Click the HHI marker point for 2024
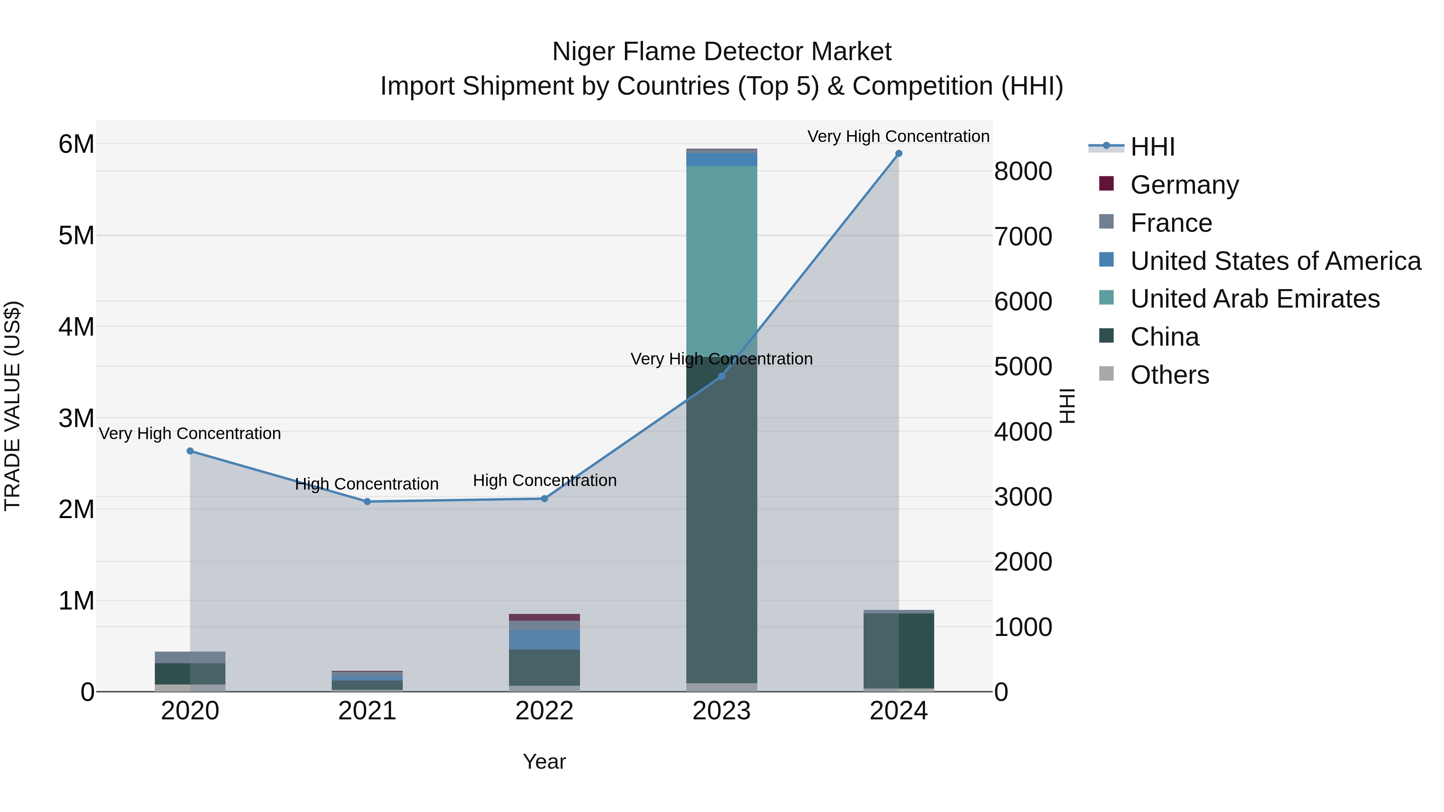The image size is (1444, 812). pyautogui.click(x=898, y=154)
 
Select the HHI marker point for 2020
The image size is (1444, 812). pyautogui.click(x=190, y=451)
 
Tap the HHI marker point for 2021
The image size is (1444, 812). pyautogui.click(x=367, y=502)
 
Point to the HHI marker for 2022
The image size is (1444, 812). pyautogui.click(x=544, y=499)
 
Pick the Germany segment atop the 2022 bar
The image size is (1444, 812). pyautogui.click(x=544, y=618)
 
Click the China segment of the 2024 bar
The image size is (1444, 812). pyautogui.click(x=898, y=650)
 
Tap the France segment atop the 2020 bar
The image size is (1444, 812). pyautogui.click(x=190, y=657)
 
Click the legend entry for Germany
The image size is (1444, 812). pyautogui.click(x=1184, y=185)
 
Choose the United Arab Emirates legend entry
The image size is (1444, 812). pyautogui.click(x=1255, y=299)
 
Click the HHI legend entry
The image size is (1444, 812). pyautogui.click(x=1152, y=147)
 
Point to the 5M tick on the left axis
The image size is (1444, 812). pyautogui.click(x=77, y=236)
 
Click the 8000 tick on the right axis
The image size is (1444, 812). pyautogui.click(x=1023, y=172)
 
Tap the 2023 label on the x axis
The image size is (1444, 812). pyautogui.click(x=722, y=711)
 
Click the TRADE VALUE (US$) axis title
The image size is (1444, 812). pyautogui.click(x=13, y=406)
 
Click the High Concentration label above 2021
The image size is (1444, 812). pyautogui.click(x=367, y=484)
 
